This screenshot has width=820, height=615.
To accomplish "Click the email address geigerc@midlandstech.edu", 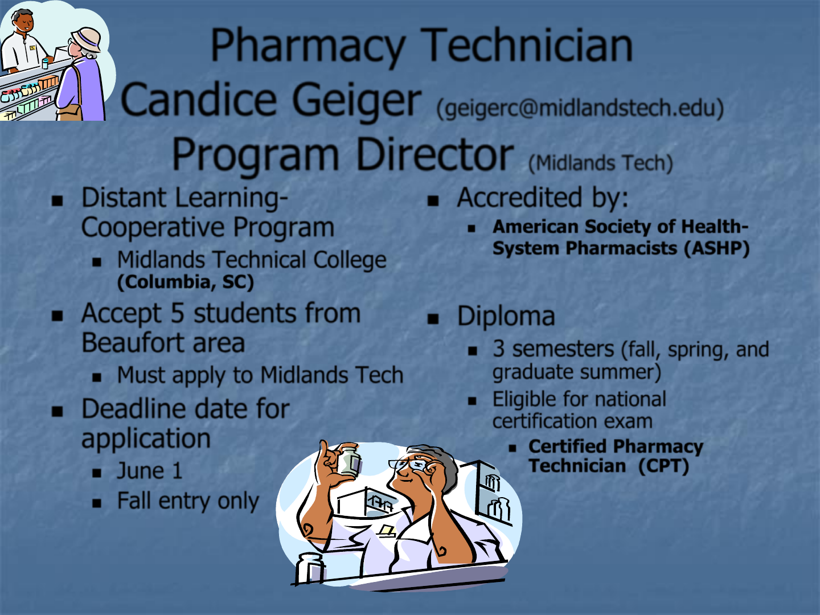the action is point(580,108).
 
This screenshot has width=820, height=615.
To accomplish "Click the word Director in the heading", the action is point(435,154).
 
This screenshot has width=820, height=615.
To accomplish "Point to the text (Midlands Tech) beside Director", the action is point(601,163).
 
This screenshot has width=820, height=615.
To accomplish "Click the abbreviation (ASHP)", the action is point(717,248).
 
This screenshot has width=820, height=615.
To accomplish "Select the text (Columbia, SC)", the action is point(186,282).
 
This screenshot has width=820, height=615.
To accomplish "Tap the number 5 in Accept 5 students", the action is point(178,313).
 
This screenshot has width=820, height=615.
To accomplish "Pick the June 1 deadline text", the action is point(150,470).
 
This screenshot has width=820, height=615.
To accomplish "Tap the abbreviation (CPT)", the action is point(663,466).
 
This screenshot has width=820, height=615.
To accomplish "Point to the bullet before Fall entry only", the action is point(97,503).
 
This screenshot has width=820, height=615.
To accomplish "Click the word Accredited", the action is point(520,198).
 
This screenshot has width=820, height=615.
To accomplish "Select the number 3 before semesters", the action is point(499,348).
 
